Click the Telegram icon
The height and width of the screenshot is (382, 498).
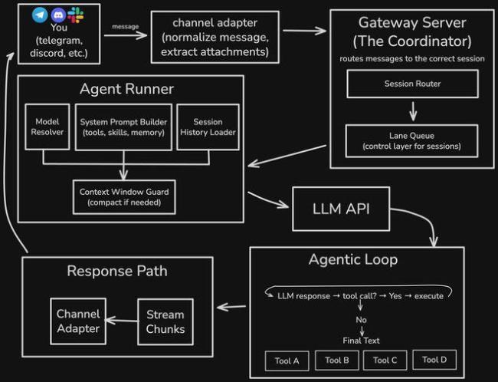41,15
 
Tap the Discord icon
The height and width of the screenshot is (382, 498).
58,15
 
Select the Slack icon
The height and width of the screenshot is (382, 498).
75,15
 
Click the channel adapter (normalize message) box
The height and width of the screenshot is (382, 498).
215,37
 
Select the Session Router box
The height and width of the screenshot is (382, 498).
412,84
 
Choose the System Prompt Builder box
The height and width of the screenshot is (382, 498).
123,127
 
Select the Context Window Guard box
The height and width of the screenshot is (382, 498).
123,196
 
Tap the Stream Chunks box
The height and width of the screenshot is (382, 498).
165,321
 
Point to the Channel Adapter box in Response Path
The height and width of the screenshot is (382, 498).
78,321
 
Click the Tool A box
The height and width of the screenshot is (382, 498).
287,360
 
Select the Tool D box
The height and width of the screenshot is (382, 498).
434,359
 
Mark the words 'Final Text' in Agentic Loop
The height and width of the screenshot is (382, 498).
360,341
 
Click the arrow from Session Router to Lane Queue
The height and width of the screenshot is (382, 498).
412,111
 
